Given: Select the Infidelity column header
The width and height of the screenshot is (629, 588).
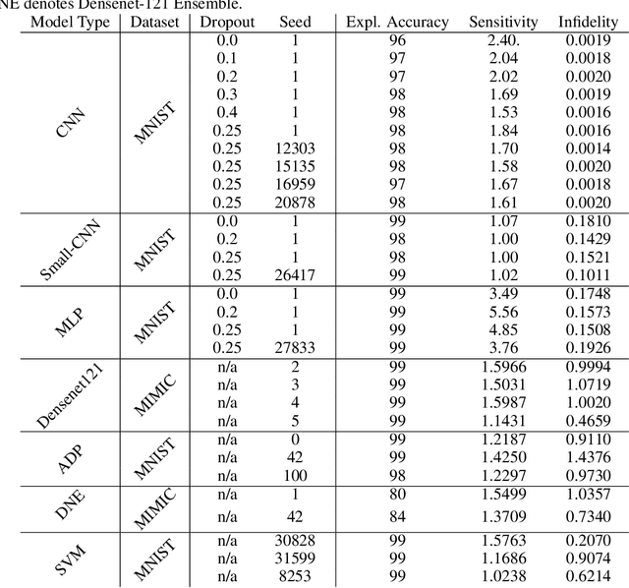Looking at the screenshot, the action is [589, 22].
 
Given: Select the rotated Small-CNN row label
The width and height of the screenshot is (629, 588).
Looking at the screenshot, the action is [72, 249].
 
